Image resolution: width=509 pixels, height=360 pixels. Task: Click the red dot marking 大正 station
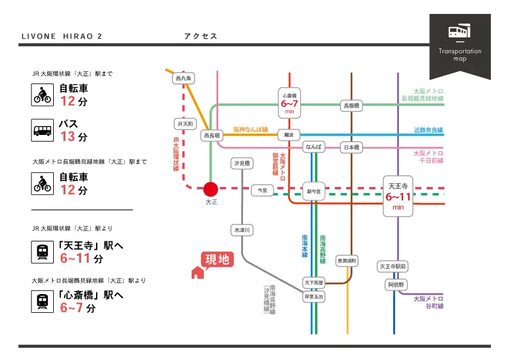[210, 189]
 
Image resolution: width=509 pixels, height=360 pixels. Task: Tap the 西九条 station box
[183, 79]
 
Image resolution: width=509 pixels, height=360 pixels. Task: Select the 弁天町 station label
[185, 123]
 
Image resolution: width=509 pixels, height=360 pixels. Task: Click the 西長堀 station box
[212, 136]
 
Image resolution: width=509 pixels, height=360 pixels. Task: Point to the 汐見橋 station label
[242, 163]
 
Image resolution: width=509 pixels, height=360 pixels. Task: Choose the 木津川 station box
[242, 230]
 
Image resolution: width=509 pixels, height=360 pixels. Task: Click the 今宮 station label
[262, 190]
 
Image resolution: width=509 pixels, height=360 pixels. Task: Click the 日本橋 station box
[351, 147]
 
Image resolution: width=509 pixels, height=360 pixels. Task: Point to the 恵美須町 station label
[347, 261]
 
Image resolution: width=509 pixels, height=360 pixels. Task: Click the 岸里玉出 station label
[314, 296]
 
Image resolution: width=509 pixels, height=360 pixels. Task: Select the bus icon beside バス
[42, 130]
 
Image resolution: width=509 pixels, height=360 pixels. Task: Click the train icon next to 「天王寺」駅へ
[42, 250]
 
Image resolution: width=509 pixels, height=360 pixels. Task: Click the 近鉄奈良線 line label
[428, 130]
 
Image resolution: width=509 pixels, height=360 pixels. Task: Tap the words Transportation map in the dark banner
[460, 54]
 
